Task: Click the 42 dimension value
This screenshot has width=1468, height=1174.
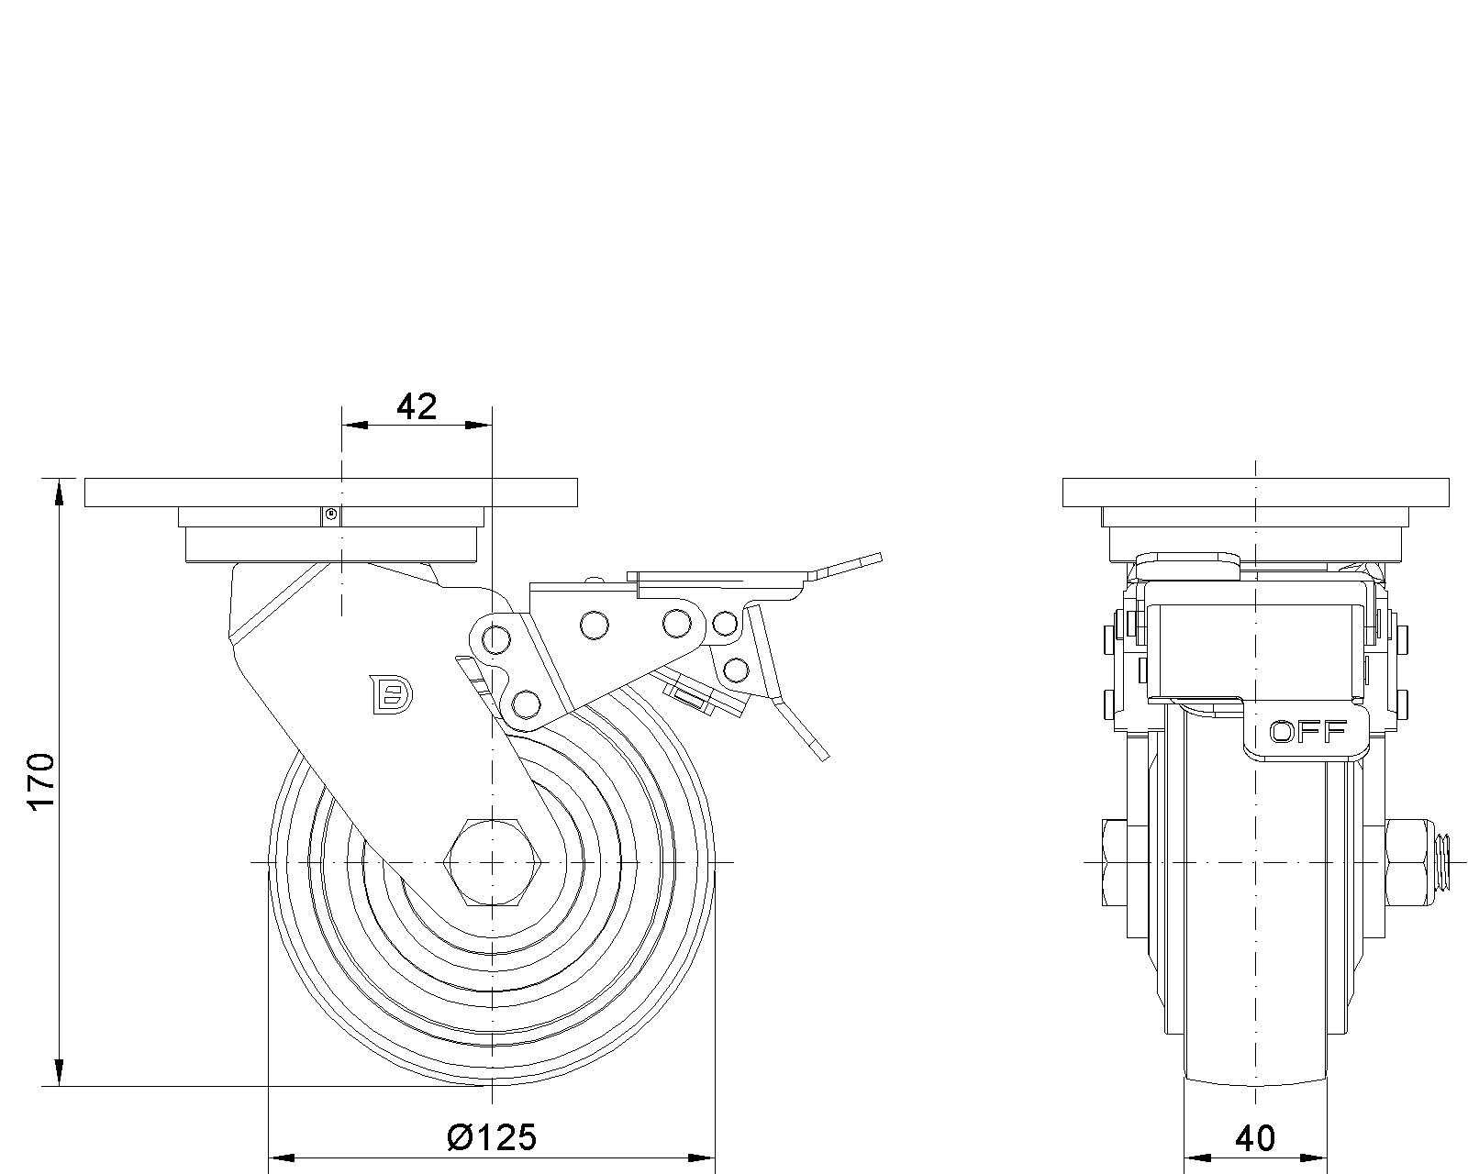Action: tap(417, 406)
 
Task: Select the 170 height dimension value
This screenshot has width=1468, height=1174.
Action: tap(41, 782)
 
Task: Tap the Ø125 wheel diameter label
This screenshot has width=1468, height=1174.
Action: tap(491, 1137)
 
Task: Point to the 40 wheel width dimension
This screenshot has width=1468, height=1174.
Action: tap(1255, 1138)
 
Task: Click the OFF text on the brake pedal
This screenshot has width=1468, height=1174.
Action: tap(1307, 732)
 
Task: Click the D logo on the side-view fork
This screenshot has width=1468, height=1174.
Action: tap(390, 693)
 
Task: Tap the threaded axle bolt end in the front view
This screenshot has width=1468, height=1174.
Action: tap(1442, 862)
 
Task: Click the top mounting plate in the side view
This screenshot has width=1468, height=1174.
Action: tap(331, 493)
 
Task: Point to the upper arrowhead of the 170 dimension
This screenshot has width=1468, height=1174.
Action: tap(61, 492)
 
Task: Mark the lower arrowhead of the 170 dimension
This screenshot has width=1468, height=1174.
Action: tap(61, 1073)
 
